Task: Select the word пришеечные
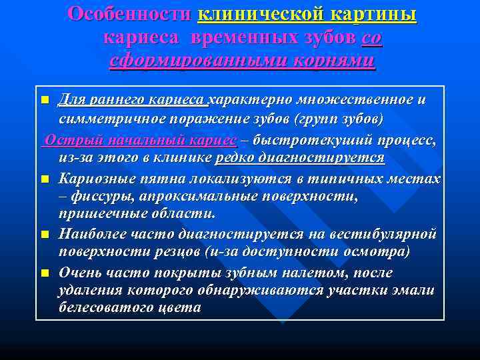click(x=99, y=214)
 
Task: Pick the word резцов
click(x=184, y=251)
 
